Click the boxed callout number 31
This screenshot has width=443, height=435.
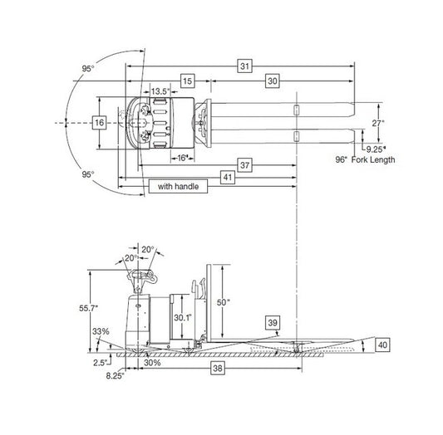(x=244, y=66)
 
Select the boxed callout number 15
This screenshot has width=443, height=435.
(x=188, y=81)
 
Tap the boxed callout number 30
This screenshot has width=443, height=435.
(x=273, y=81)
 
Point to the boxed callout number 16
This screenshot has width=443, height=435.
(x=100, y=123)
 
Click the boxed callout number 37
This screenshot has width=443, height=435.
(x=244, y=165)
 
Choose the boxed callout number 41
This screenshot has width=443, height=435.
(x=228, y=178)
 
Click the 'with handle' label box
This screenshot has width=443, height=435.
(x=178, y=186)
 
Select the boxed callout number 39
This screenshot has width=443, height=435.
(x=273, y=323)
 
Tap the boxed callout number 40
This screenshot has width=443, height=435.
(x=382, y=345)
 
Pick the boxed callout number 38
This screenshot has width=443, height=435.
(x=218, y=368)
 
